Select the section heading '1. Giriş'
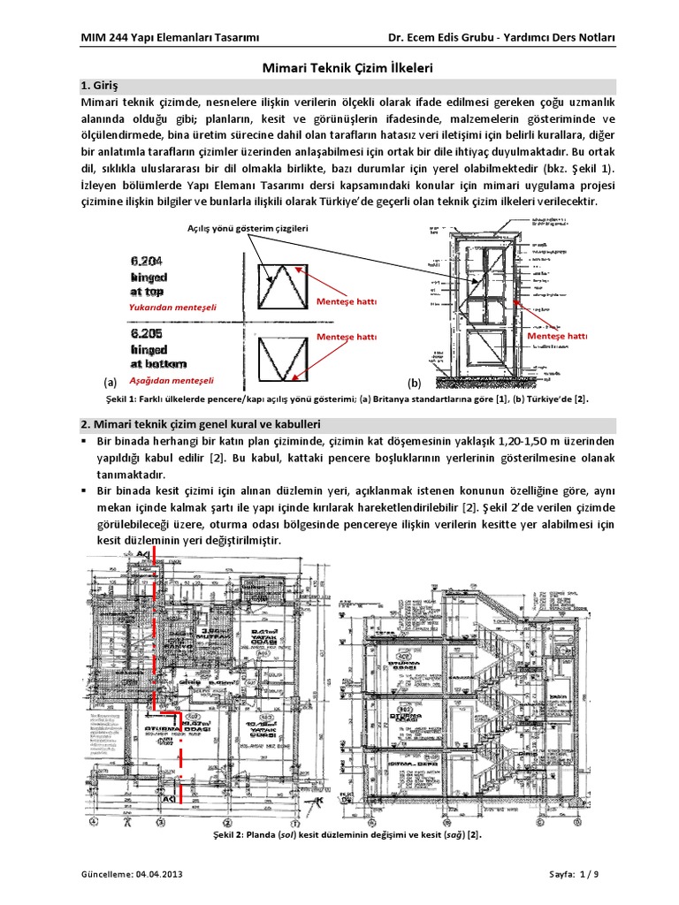pos(100,86)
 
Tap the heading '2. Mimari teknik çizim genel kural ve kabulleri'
pos(200,423)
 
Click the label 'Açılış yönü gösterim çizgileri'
pos(247,230)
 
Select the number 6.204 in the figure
pos(147,262)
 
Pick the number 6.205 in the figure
pos(147,335)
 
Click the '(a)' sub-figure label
pos(109,383)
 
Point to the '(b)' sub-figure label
pos(414,383)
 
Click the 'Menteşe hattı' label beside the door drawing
pos(556,337)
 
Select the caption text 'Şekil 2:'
pos(230,834)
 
